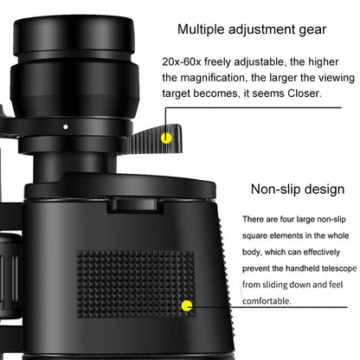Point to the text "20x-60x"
(182, 62)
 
